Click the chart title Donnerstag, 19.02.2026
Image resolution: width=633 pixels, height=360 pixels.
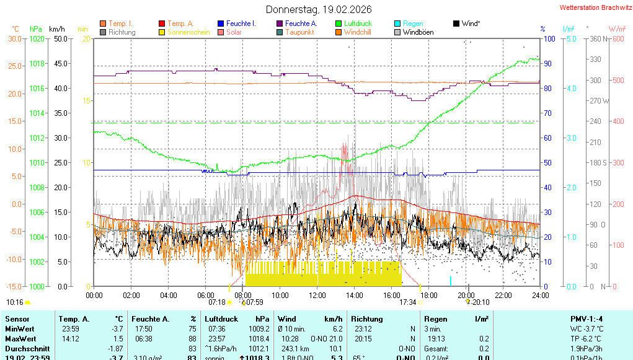(319, 9)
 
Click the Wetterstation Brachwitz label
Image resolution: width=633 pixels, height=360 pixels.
(595, 8)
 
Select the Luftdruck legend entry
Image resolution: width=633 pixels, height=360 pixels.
(358, 24)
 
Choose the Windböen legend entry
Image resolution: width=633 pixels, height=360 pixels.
(418, 32)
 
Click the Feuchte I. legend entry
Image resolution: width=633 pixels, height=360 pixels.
(241, 24)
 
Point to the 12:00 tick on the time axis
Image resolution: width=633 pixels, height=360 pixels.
(317, 296)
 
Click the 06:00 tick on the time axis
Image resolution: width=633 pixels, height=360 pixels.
(206, 296)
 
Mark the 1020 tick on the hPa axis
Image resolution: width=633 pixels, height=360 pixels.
(37, 38)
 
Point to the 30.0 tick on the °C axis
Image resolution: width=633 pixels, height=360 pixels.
(15, 38)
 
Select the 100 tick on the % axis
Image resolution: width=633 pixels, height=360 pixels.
(548, 38)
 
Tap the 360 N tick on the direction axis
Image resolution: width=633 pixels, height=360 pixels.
(596, 38)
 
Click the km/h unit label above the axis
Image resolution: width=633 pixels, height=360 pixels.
(56, 29)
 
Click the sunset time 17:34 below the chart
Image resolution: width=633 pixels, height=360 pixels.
(407, 302)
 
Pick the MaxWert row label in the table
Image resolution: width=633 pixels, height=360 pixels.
(19, 338)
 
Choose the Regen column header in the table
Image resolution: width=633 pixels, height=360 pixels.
(436, 318)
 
